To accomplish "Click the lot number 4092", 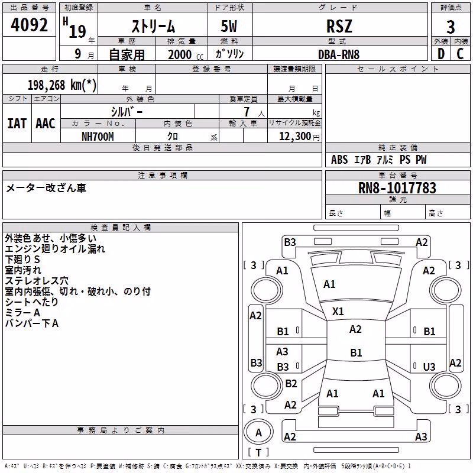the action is (29, 25).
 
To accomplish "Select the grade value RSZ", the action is (339, 26).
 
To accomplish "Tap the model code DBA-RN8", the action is (339, 54).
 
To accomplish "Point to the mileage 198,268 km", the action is (62, 85).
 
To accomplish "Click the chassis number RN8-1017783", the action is (397, 188).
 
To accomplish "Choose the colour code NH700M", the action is (98, 137).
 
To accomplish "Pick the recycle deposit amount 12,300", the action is (295, 137).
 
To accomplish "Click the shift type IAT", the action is (17, 124).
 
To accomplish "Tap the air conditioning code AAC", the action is (46, 124).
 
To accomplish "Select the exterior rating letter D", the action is (441, 54).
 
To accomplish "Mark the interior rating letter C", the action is (460, 54).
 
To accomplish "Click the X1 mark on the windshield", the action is (338, 312).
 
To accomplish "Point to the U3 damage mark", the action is (429, 367).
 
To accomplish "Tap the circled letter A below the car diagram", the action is (258, 433).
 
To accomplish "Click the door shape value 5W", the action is (229, 26).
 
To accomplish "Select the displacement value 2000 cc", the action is (186, 55).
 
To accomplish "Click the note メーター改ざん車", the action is (46, 188).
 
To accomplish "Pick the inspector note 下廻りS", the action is (22, 260).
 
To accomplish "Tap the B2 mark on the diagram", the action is (291, 383).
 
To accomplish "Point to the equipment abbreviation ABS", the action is (339, 160).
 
